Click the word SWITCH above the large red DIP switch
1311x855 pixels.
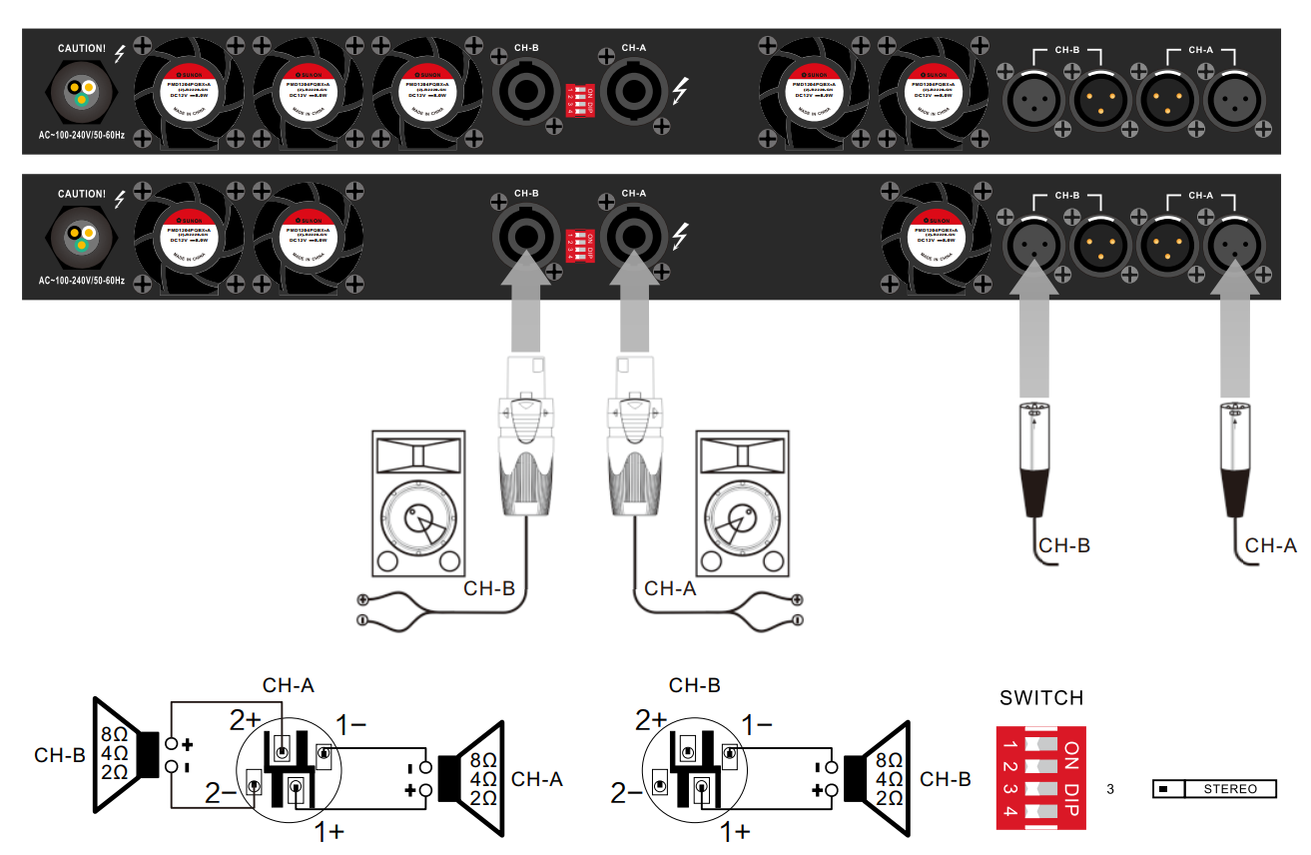pos(1041,698)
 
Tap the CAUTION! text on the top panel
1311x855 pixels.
pos(82,48)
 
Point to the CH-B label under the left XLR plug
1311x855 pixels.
pos(1064,545)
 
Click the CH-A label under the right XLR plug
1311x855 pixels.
pos(1271,545)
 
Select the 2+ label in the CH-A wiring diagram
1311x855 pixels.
pos(246,719)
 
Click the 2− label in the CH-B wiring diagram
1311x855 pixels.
pos(626,794)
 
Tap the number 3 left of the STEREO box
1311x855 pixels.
pos(1110,789)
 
